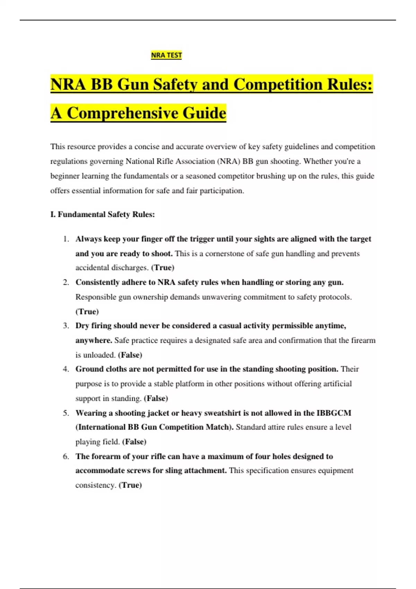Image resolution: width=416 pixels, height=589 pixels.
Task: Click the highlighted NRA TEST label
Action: (x=166, y=55)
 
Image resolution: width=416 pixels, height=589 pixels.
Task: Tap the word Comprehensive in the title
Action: (x=122, y=113)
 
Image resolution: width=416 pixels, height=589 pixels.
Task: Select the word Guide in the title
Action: (x=205, y=113)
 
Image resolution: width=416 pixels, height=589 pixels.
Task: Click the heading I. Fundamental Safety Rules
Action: (x=103, y=214)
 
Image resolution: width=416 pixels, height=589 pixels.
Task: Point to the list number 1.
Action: (x=66, y=239)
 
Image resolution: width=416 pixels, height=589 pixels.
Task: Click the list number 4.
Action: (x=66, y=369)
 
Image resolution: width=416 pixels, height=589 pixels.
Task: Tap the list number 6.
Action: (x=66, y=456)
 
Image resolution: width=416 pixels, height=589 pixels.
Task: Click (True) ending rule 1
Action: (x=163, y=267)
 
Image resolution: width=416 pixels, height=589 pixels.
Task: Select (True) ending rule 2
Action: (x=87, y=311)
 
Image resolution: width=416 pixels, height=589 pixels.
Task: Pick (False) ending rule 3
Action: (x=130, y=355)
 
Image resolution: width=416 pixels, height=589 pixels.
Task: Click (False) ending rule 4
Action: (x=156, y=398)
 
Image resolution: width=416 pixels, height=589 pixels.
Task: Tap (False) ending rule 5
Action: (x=134, y=442)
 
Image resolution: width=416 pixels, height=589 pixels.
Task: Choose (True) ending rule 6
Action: (x=130, y=485)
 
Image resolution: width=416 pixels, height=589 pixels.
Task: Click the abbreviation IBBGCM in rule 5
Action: (x=334, y=413)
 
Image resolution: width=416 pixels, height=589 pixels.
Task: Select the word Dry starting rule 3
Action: (x=82, y=326)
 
